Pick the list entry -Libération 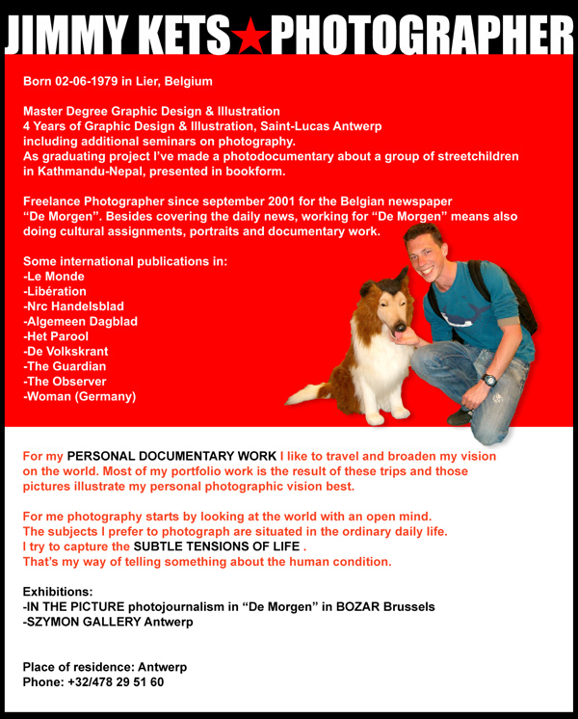coord(55,291)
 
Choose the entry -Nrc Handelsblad coord(73,306)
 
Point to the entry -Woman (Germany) coord(80,396)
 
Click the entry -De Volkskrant coord(69,352)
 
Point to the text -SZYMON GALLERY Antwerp coord(108,622)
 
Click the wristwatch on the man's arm coord(490,380)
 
